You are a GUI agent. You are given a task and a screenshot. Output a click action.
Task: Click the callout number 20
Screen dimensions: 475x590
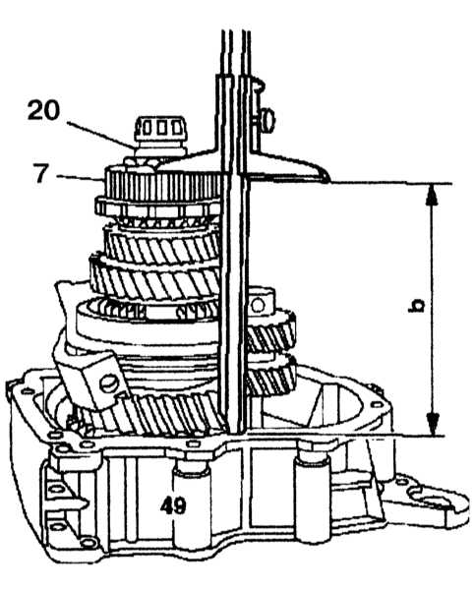click(43, 110)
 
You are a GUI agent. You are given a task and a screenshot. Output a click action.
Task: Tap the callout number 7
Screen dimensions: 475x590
click(41, 173)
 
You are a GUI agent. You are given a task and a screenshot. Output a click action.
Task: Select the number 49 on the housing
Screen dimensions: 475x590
click(173, 505)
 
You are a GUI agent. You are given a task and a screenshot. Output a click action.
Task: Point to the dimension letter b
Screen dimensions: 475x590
click(416, 305)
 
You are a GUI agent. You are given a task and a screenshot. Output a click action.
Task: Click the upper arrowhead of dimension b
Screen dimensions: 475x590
click(432, 195)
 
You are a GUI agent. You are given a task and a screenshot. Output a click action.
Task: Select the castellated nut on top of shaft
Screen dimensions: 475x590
click(161, 133)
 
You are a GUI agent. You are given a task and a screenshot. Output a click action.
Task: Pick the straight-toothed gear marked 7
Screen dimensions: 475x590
click(162, 185)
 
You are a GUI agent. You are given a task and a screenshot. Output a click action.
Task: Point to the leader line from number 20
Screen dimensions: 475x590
click(101, 134)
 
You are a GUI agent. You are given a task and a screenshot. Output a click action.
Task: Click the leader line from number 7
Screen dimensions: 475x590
click(79, 177)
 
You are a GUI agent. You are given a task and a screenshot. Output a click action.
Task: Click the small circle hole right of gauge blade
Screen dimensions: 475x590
click(258, 305)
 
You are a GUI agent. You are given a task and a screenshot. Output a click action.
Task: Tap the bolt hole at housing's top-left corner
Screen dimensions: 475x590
click(28, 391)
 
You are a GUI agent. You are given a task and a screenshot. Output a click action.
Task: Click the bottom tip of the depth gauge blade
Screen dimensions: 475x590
click(235, 432)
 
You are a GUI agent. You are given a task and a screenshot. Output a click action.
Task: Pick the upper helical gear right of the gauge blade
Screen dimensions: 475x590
click(270, 331)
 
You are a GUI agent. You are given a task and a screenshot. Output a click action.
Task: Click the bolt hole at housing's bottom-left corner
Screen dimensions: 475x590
click(89, 542)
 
